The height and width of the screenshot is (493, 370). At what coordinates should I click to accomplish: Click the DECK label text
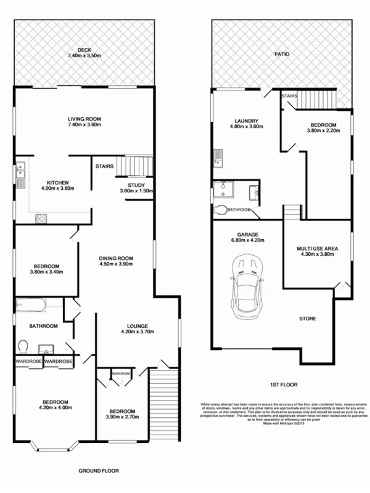tap(84, 50)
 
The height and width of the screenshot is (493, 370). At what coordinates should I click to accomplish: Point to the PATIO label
tap(282, 54)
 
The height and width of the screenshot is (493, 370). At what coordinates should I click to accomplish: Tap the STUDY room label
tap(136, 185)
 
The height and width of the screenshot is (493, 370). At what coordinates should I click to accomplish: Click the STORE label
tap(307, 319)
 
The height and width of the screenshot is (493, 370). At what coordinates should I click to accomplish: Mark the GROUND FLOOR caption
tap(99, 470)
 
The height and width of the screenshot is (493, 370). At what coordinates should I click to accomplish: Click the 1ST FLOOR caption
tap(284, 385)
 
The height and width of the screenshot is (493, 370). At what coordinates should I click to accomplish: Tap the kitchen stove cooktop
tap(41, 217)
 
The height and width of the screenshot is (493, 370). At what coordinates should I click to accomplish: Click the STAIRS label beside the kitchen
tap(103, 166)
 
